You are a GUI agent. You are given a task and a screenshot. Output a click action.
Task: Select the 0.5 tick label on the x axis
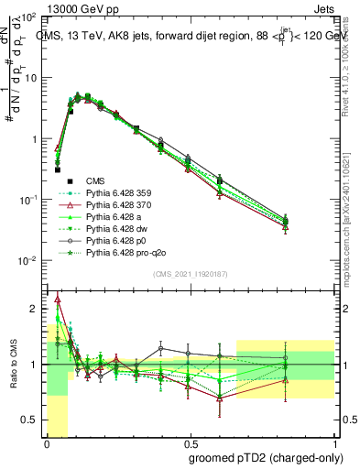tap(189, 441)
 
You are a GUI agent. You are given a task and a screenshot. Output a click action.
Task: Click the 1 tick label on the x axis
tap(335, 441)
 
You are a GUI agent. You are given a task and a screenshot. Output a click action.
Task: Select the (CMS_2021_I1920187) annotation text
tap(190, 273)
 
